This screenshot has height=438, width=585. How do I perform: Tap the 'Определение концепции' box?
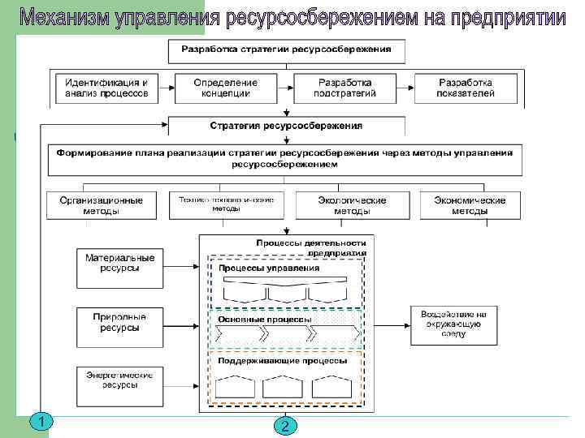(225, 88)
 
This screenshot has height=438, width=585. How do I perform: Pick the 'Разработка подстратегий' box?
(344, 88)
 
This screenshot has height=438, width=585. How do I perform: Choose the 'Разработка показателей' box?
(466, 88)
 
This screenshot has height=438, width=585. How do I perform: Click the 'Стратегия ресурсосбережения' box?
(286, 126)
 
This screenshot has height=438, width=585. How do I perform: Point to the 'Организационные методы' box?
(101, 205)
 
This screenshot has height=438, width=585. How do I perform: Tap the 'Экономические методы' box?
(470, 205)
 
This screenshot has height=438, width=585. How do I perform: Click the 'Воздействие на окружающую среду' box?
(453, 322)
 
